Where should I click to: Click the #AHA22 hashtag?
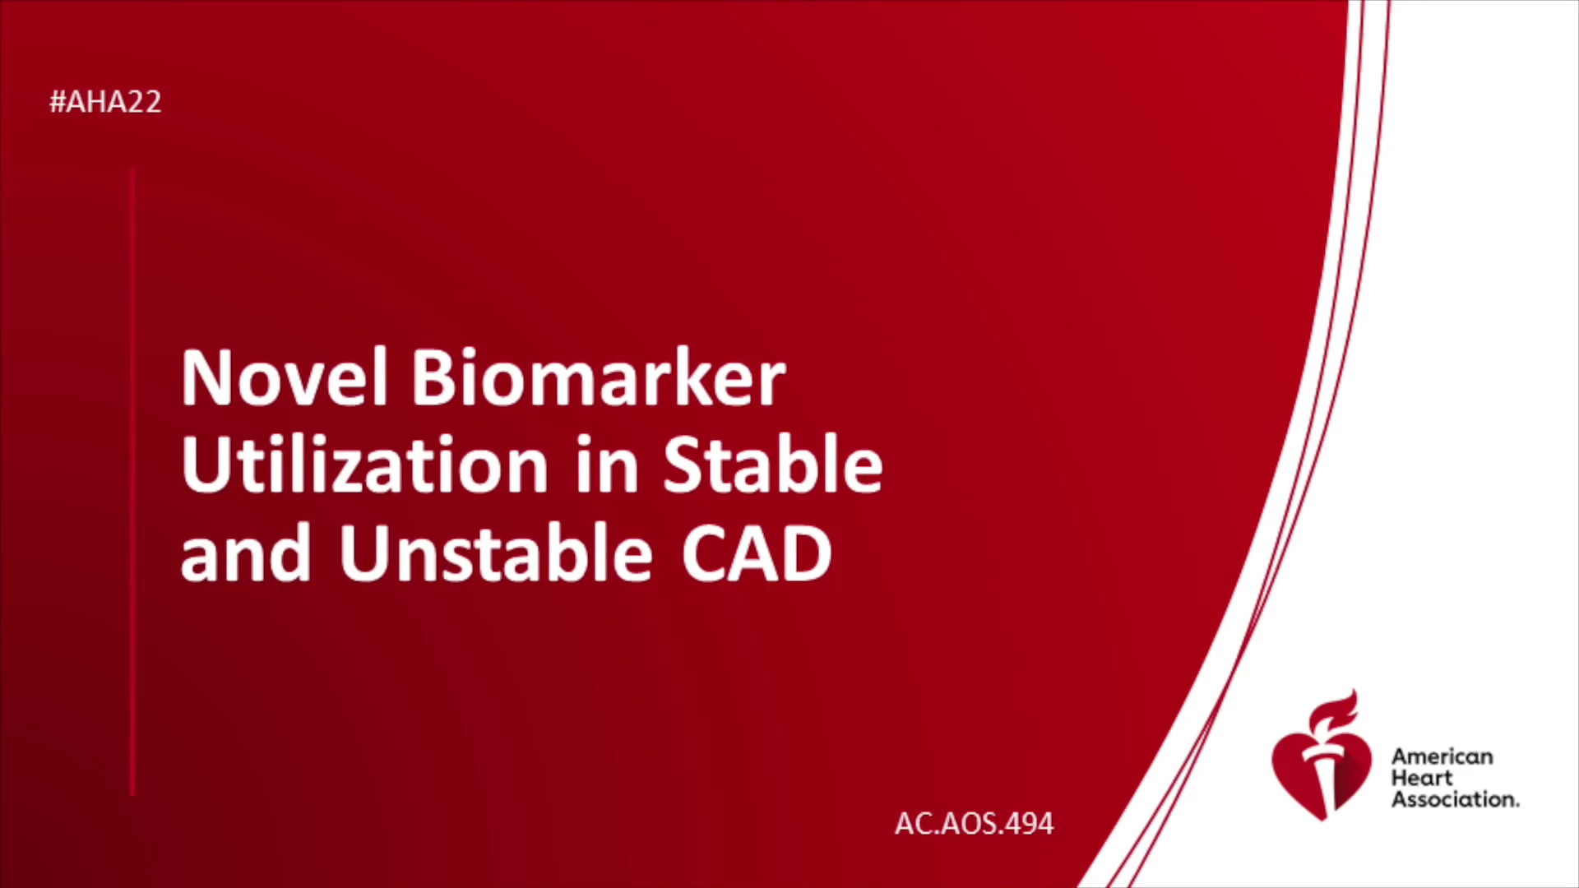click(105, 102)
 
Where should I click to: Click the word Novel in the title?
click(284, 377)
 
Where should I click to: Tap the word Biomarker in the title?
click(599, 377)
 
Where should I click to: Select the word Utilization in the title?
click(364, 465)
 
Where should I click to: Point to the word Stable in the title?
click(773, 465)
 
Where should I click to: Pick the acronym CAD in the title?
click(757, 553)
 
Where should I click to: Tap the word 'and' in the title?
click(246, 553)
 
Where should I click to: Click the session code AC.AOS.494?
click(974, 824)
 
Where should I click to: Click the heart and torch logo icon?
click(1322, 756)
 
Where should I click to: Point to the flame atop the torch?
click(1333, 711)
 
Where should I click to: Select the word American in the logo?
click(1442, 756)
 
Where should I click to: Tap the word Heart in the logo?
click(1422, 778)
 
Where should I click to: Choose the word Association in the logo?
click(1455, 799)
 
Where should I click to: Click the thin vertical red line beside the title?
click(132, 482)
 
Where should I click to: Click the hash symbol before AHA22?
click(58, 102)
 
